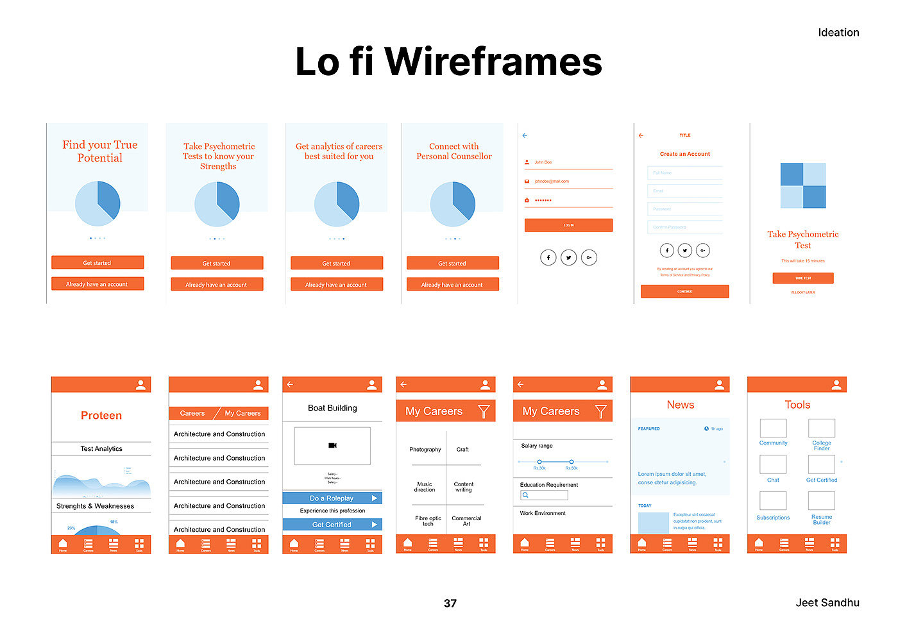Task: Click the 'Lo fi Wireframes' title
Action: [448, 62]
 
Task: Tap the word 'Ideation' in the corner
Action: [838, 33]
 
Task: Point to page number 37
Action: [450, 603]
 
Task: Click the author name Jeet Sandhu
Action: [827, 602]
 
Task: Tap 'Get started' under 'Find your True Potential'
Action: [97, 262]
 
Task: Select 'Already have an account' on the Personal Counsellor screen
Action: [452, 284]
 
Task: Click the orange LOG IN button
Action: [568, 225]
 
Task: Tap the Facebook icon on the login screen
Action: [548, 257]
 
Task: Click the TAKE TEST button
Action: [802, 278]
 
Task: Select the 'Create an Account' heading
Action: [685, 154]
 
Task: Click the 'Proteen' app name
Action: [101, 416]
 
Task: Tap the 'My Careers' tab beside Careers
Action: [242, 413]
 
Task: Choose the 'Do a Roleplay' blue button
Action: [332, 498]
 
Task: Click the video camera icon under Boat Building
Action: [332, 445]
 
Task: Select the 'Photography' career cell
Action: [425, 450]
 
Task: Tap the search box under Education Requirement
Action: [544, 495]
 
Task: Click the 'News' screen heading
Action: [680, 405]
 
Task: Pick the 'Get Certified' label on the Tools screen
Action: [822, 480]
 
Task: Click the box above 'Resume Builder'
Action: [822, 501]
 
